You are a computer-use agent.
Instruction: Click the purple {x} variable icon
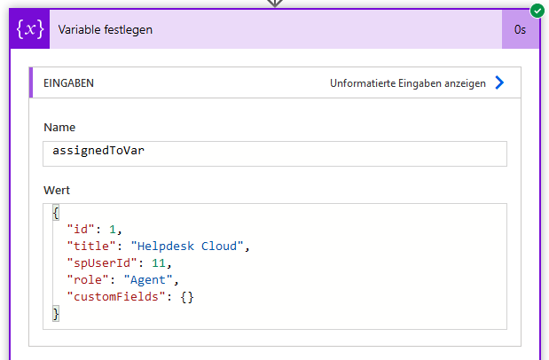pyautogui.click(x=30, y=29)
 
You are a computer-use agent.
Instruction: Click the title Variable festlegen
pyautogui.click(x=105, y=30)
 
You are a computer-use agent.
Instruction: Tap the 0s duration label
pyautogui.click(x=520, y=30)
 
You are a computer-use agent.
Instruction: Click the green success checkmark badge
pyautogui.click(x=537, y=11)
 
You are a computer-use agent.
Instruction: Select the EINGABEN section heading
pyautogui.click(x=68, y=83)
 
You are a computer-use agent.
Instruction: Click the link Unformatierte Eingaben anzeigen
pyautogui.click(x=408, y=83)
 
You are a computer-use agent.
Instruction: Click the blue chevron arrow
pyautogui.click(x=499, y=82)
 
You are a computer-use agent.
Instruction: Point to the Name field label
pyautogui.click(x=59, y=127)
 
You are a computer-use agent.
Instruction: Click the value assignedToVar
pyautogui.click(x=98, y=151)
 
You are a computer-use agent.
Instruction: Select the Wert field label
pyautogui.click(x=57, y=190)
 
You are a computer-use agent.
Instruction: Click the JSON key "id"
pyautogui.click(x=81, y=230)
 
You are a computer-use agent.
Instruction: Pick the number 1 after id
pyautogui.click(x=113, y=230)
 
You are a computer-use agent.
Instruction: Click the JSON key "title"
pyautogui.click(x=91, y=247)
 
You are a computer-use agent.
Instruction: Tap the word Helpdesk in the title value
pyautogui.click(x=166, y=247)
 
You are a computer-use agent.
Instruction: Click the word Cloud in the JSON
pyautogui.click(x=219, y=247)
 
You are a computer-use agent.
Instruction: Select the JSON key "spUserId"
pyautogui.click(x=102, y=263)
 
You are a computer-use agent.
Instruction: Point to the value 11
pyautogui.click(x=159, y=263)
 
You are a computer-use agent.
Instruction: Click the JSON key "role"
pyautogui.click(x=88, y=280)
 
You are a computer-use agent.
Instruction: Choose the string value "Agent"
pyautogui.click(x=148, y=280)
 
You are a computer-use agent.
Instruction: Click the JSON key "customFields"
pyautogui.click(x=116, y=297)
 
